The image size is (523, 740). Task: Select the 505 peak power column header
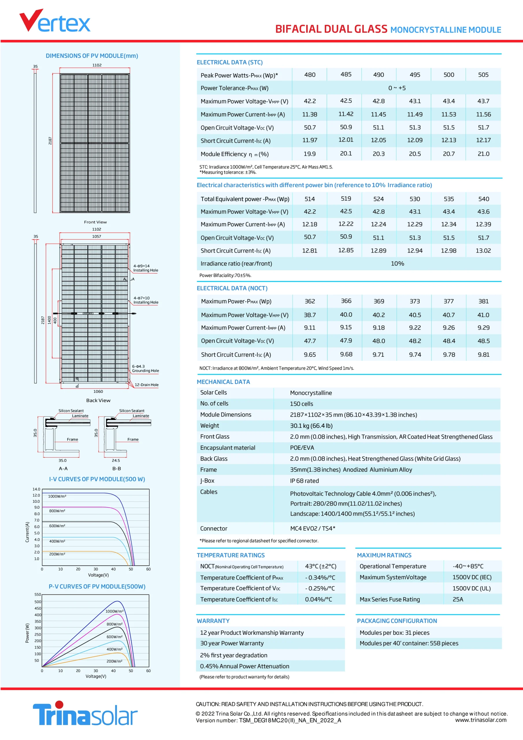(x=483, y=75)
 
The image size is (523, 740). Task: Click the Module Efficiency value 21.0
(x=483, y=154)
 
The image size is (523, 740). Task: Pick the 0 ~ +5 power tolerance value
(x=397, y=88)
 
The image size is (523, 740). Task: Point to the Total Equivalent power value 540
(x=483, y=199)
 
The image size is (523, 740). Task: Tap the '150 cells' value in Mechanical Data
(x=301, y=404)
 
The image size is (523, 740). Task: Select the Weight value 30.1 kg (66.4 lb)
(x=311, y=425)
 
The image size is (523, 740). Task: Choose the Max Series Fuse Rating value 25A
(x=458, y=599)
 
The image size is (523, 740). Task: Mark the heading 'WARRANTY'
(x=213, y=621)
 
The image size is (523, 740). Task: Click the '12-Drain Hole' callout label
(x=146, y=384)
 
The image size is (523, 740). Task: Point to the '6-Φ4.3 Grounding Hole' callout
(x=145, y=368)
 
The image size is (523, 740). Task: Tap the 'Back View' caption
(x=98, y=400)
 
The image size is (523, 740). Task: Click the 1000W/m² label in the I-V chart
(x=57, y=496)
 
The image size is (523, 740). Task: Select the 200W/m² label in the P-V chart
(x=114, y=661)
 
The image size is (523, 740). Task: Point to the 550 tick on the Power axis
(x=38, y=594)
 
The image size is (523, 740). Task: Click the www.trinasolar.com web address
(x=481, y=720)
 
